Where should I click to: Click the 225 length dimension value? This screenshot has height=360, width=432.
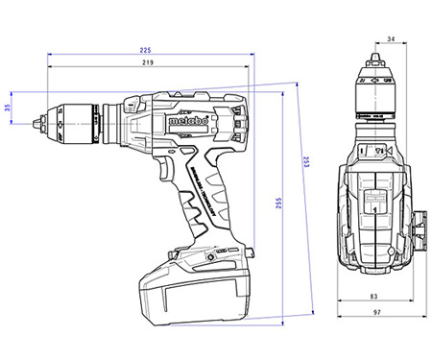144,49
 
